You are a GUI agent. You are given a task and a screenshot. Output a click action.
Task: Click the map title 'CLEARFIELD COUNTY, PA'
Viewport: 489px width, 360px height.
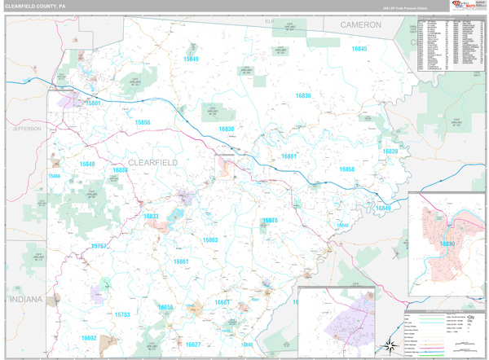pyautogui.click(x=35, y=6)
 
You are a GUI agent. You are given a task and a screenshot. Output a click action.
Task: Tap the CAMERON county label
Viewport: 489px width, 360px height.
pyautogui.click(x=360, y=25)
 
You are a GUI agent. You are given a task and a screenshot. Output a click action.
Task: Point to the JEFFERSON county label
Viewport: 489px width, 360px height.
pyautogui.click(x=26, y=129)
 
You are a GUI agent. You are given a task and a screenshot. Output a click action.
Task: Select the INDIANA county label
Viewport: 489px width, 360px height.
pyautogui.click(x=25, y=300)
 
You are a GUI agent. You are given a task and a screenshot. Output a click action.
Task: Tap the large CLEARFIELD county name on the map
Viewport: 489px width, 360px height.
pyautogui.click(x=153, y=163)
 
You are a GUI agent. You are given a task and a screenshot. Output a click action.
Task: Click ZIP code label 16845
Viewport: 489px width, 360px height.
pyautogui.click(x=359, y=50)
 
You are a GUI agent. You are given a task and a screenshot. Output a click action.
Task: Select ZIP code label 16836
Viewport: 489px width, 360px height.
pyautogui.click(x=303, y=96)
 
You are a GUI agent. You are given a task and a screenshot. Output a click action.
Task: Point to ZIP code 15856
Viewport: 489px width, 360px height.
pyautogui.click(x=143, y=122)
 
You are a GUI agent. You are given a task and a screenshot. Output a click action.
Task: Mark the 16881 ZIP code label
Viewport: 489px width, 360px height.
pyautogui.click(x=289, y=156)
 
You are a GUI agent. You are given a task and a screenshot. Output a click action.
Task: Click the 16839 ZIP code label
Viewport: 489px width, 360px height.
pyautogui.click(x=390, y=151)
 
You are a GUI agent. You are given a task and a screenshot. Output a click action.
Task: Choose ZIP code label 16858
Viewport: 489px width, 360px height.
pyautogui.click(x=347, y=169)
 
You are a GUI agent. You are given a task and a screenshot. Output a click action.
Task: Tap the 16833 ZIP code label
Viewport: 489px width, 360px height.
pyautogui.click(x=151, y=216)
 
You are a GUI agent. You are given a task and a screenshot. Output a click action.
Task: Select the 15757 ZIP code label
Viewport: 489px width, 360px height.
pyautogui.click(x=99, y=245)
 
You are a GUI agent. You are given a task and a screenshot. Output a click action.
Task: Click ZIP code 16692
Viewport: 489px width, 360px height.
pyautogui.click(x=89, y=338)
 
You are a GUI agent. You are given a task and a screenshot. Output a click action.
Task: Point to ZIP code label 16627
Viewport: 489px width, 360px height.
pyautogui.click(x=192, y=345)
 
